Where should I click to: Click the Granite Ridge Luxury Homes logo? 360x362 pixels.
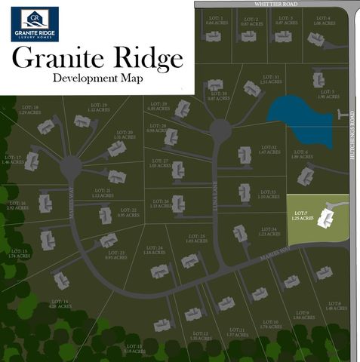[35, 23]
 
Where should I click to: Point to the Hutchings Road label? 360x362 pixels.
[352, 143]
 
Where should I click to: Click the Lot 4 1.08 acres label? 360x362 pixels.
[322, 20]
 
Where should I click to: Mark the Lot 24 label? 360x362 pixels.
[155, 250]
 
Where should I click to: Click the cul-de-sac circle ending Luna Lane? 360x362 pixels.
[220, 130]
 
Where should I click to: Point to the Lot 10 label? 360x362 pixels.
[270, 324]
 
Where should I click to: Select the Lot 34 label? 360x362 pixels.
[269, 232]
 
